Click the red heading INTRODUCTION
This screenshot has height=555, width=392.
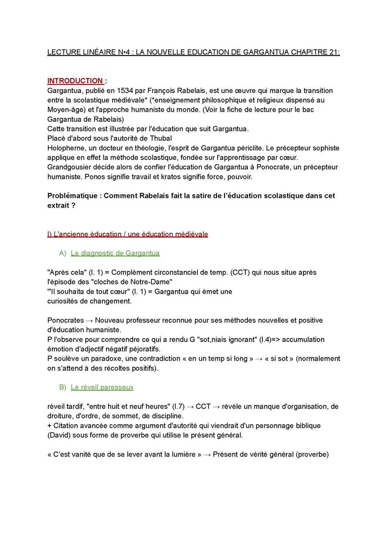pos(75,81)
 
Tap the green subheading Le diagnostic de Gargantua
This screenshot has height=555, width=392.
pos(115,253)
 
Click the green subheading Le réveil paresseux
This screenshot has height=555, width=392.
pos(102,387)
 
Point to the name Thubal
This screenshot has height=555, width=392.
pos(161,138)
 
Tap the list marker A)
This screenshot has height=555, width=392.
pos(63,253)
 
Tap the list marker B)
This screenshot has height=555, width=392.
pos(63,387)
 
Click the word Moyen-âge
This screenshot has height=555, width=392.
pos(64,110)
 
